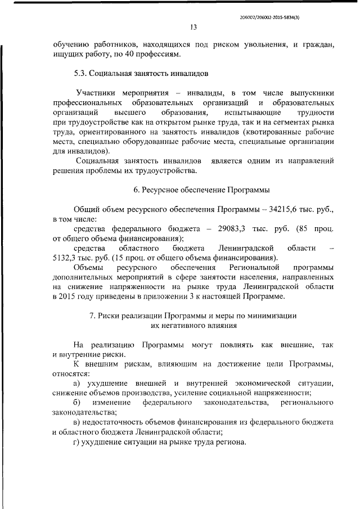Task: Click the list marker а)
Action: coord(78,383)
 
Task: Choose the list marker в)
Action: coord(78,422)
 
